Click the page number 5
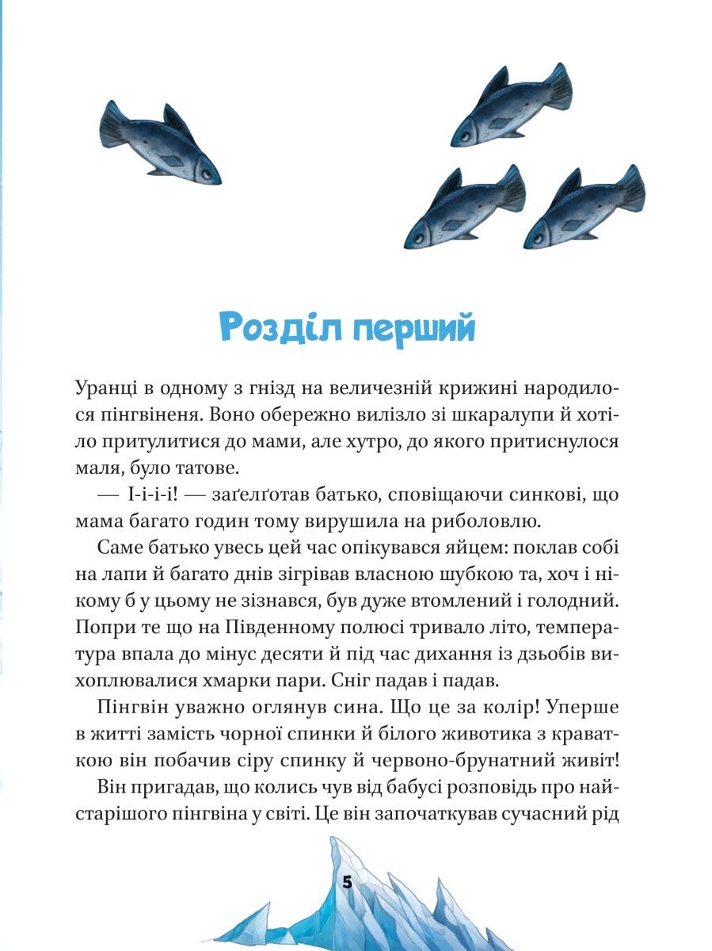pos(347,883)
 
